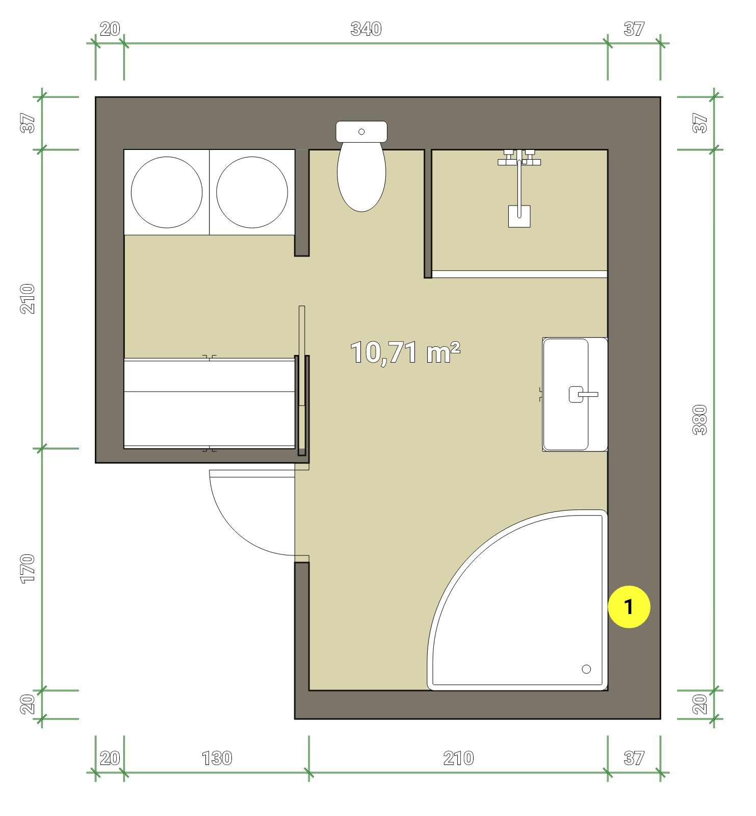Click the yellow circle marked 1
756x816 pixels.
pos(629,607)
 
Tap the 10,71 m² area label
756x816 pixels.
pos(405,352)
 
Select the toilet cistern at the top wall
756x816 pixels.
pos(361,132)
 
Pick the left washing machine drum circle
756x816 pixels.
pos(167,192)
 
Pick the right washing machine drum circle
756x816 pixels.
pos(252,192)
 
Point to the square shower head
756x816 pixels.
pos(519,216)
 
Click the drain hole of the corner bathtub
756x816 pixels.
pos(586,669)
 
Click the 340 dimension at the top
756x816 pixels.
pos(366,29)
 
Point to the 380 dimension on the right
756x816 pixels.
pos(700,419)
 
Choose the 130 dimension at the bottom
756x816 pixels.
pos(217,758)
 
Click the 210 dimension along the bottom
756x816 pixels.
pos(458,758)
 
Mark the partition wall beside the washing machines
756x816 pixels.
pos(302,202)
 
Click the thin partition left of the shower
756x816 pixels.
pos(428,213)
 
